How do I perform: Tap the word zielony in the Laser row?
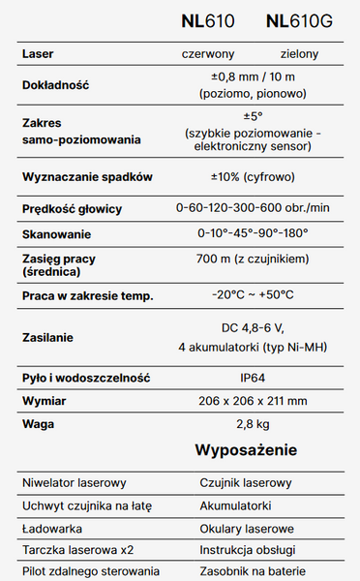299,54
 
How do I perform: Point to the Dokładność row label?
55,85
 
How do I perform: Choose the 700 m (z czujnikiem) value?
253,260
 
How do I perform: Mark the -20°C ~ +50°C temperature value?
253,294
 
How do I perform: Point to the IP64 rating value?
252,377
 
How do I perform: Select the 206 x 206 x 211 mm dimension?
252,401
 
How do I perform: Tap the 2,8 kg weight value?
252,424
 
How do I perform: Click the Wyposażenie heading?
246,451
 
